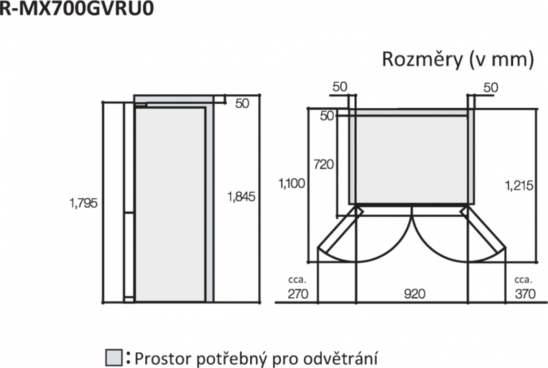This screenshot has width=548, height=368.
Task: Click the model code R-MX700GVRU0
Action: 77,8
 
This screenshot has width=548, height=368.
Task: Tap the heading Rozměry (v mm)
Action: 458,60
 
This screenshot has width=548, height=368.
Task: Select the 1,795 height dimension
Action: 84,203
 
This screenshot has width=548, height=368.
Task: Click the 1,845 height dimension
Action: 241,196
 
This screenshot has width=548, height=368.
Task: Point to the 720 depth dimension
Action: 323,164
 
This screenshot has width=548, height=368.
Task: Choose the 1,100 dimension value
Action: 292,183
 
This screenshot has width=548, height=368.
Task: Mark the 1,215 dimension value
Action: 519,185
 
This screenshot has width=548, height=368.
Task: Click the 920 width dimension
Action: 414,294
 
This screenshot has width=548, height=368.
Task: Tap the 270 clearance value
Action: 298,294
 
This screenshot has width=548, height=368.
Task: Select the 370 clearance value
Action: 525,294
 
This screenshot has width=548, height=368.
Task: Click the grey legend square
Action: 114,358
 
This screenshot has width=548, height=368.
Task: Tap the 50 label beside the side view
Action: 242,103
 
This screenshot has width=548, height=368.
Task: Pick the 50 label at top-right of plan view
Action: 490,88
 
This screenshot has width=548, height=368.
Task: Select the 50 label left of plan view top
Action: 327,116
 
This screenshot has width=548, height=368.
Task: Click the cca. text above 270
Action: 297,280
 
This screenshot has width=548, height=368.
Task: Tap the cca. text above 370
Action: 523,280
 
